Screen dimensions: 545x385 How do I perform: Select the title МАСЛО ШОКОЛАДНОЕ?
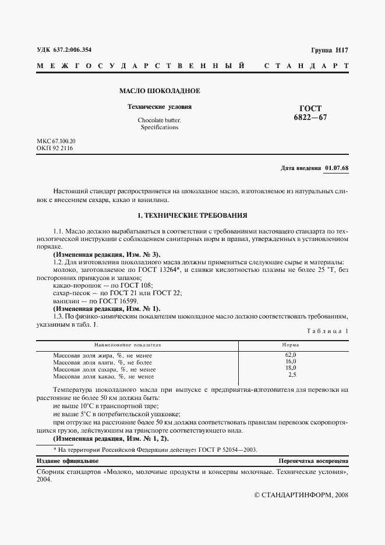tap(160, 91)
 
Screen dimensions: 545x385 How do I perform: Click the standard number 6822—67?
tap(310, 117)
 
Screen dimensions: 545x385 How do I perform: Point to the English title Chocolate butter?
tap(159, 120)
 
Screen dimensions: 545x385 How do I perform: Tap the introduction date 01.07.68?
tap(337, 168)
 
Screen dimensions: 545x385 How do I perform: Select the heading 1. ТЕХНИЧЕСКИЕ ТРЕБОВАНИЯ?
tap(192, 215)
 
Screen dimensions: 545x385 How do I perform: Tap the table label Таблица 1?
tap(327, 331)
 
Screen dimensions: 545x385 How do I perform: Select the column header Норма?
tap(291, 345)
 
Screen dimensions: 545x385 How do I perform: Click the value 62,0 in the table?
tap(291, 355)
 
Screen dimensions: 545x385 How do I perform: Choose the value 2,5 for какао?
tap(292, 376)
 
